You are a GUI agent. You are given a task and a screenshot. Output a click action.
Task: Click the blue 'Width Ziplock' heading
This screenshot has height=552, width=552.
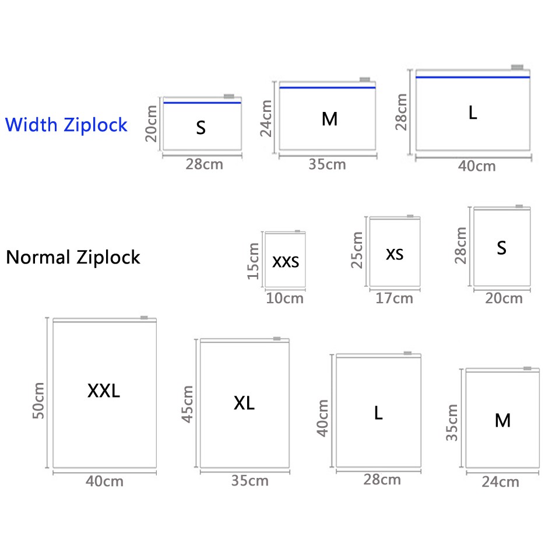click(x=66, y=125)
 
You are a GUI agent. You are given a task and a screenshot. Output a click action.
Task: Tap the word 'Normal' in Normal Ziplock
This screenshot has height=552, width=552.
click(x=38, y=257)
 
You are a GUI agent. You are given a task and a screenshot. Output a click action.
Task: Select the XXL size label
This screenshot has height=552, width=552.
click(x=104, y=391)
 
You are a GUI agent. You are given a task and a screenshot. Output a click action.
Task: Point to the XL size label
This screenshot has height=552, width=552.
click(x=244, y=403)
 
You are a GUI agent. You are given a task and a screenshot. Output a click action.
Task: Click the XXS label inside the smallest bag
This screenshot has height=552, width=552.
click(x=286, y=262)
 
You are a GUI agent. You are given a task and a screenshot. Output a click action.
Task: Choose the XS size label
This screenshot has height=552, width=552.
click(x=395, y=254)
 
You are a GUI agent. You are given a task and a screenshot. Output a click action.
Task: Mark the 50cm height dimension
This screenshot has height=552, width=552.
click(x=38, y=400)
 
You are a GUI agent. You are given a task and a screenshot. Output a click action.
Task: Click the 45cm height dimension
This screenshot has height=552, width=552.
click(x=187, y=404)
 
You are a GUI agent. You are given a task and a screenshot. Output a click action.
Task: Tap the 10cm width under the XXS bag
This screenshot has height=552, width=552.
click(x=285, y=298)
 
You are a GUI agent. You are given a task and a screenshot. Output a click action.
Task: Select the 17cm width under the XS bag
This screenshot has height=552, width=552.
click(x=394, y=298)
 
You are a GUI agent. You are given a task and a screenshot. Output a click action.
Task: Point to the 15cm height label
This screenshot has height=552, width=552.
click(x=253, y=261)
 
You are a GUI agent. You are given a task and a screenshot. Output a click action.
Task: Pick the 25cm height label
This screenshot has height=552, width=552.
click(x=357, y=250)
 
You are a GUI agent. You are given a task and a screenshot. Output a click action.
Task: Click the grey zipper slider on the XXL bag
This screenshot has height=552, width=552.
click(x=144, y=318)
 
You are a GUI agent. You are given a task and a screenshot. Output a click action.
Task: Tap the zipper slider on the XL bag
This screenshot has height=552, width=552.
click(x=277, y=339)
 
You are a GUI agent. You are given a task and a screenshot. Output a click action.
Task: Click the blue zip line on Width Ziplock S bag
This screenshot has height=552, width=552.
click(x=202, y=103)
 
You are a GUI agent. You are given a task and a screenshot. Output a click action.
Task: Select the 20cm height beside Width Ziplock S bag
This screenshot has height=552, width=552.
click(x=152, y=124)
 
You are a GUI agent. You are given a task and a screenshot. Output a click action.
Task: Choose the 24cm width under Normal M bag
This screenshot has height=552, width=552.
click(x=500, y=482)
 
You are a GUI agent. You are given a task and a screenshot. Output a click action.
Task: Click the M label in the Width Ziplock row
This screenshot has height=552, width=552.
click(x=329, y=119)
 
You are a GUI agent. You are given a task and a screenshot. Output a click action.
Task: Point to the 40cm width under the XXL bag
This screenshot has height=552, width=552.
click(x=104, y=481)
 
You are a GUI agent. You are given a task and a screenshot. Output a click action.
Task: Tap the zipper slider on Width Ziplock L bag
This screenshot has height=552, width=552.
click(x=517, y=67)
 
